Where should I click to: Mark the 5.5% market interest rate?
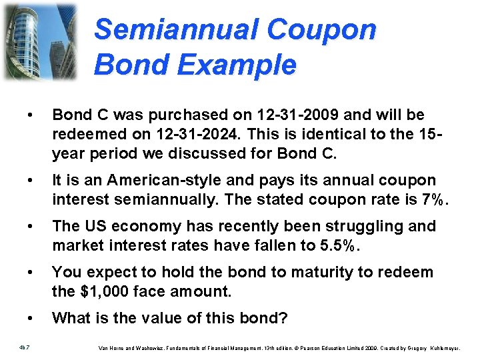coord(345,245)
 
